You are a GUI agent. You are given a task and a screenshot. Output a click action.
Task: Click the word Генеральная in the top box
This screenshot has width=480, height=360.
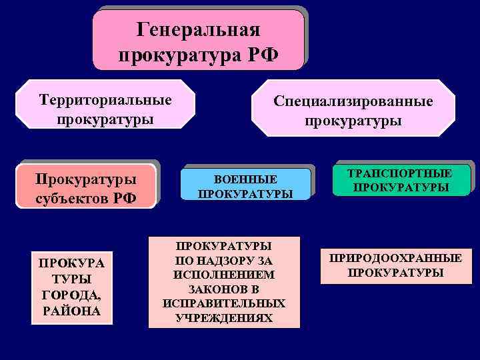pyautogui.click(x=198, y=30)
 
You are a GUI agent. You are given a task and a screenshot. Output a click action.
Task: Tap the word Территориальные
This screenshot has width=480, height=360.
pyautogui.click(x=105, y=100)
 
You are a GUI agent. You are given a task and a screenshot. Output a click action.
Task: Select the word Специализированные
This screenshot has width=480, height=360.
pyautogui.click(x=353, y=101)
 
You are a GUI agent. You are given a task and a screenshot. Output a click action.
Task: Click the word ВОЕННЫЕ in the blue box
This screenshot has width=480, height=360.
pyautogui.click(x=245, y=180)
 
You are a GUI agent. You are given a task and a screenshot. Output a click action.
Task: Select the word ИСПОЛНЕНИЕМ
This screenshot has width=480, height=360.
pyautogui.click(x=224, y=275)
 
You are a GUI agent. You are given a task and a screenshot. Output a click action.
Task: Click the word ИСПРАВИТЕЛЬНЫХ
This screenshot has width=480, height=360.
pyautogui.click(x=224, y=303)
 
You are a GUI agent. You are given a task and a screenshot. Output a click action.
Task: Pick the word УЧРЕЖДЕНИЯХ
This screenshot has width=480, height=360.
pyautogui.click(x=224, y=318)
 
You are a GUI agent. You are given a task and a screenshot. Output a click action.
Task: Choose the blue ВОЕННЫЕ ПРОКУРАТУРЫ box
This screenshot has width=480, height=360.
pyautogui.click(x=245, y=184)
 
